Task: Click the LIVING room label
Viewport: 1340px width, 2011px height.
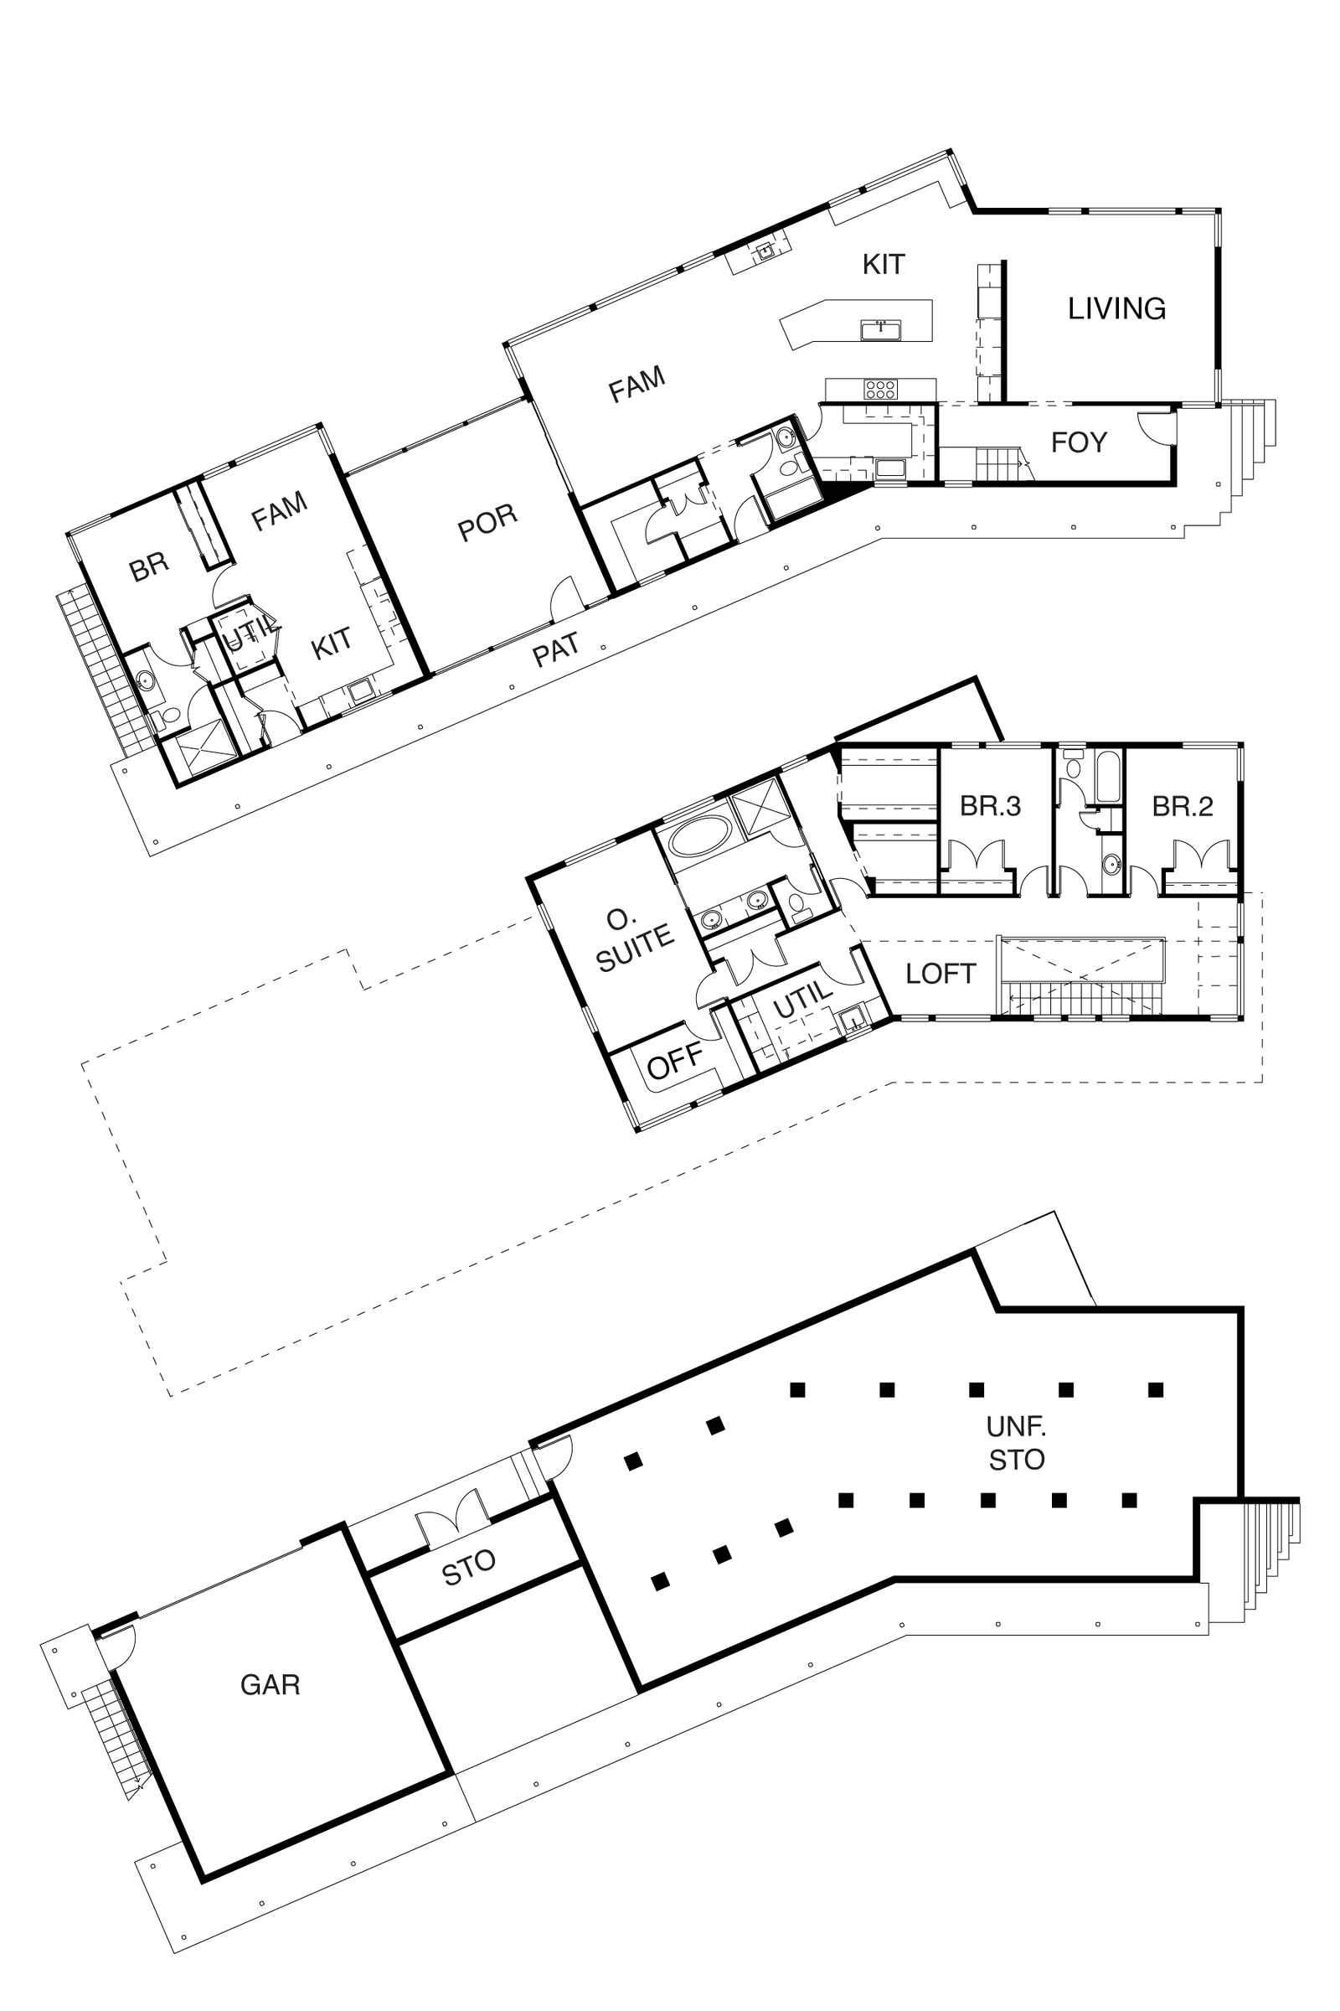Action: [1116, 308]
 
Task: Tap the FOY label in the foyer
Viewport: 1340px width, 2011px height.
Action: [1079, 442]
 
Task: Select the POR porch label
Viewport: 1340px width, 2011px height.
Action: [487, 522]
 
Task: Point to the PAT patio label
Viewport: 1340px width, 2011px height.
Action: [555, 650]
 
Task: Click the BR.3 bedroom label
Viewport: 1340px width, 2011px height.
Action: [991, 806]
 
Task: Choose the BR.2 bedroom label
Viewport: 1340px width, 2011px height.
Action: [1183, 806]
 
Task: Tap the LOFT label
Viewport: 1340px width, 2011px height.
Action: [940, 974]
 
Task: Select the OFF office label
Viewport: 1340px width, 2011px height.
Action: [675, 1062]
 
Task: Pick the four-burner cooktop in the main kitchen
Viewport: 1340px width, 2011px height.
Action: [880, 390]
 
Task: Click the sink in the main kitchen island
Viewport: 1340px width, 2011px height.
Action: [880, 329]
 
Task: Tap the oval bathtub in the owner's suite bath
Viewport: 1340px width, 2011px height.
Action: [701, 836]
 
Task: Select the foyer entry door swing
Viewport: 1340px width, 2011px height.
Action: [1158, 426]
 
